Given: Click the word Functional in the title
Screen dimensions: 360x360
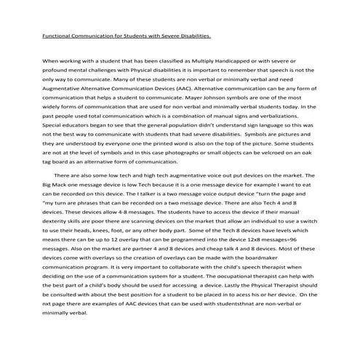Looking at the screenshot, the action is tap(57, 34).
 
